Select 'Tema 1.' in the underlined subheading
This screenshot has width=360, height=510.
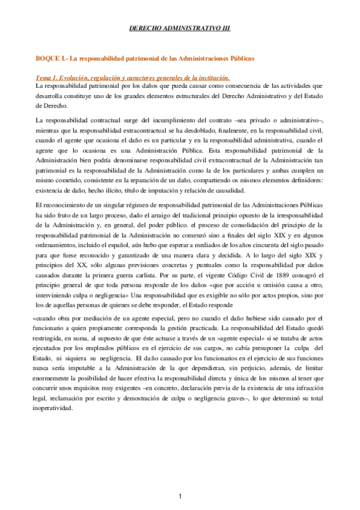click(48, 78)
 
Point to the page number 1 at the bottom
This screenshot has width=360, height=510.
click(180, 496)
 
